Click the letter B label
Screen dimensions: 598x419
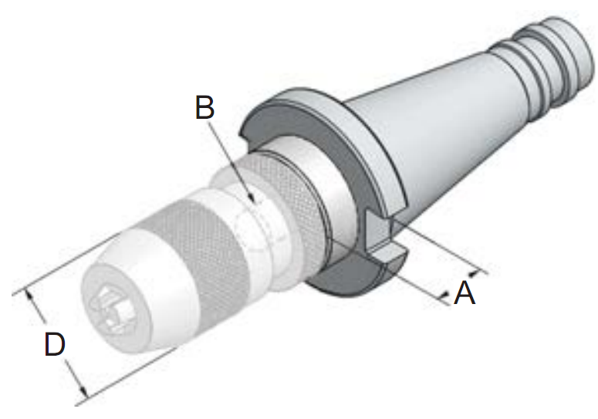coord(204,107)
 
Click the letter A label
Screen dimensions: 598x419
coord(465,292)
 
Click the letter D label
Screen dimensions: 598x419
coord(55,344)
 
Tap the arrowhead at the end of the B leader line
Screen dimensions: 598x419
coord(252,198)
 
